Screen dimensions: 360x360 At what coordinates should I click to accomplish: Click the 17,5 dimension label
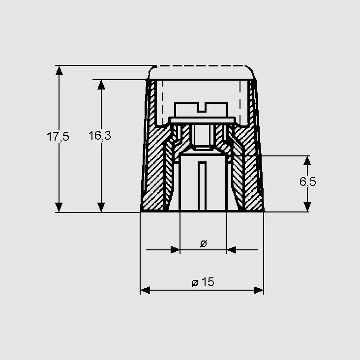pos(58,136)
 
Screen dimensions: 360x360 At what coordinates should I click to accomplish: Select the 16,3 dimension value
pos(100,135)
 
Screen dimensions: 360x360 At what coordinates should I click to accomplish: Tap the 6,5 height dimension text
pos(308,181)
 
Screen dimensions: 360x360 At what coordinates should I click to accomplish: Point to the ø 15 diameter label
pos(203,282)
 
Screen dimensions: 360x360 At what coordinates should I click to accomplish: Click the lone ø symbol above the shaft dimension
pos(204,243)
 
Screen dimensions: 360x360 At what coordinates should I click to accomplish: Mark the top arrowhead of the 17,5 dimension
pos(59,70)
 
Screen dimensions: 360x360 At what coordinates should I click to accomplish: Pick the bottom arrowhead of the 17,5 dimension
pos(59,208)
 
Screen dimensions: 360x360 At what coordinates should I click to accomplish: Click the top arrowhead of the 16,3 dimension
pos(101,85)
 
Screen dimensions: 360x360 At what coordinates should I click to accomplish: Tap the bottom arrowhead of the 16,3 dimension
pos(101,208)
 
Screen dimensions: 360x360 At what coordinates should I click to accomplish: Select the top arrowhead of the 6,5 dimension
pos(307,161)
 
